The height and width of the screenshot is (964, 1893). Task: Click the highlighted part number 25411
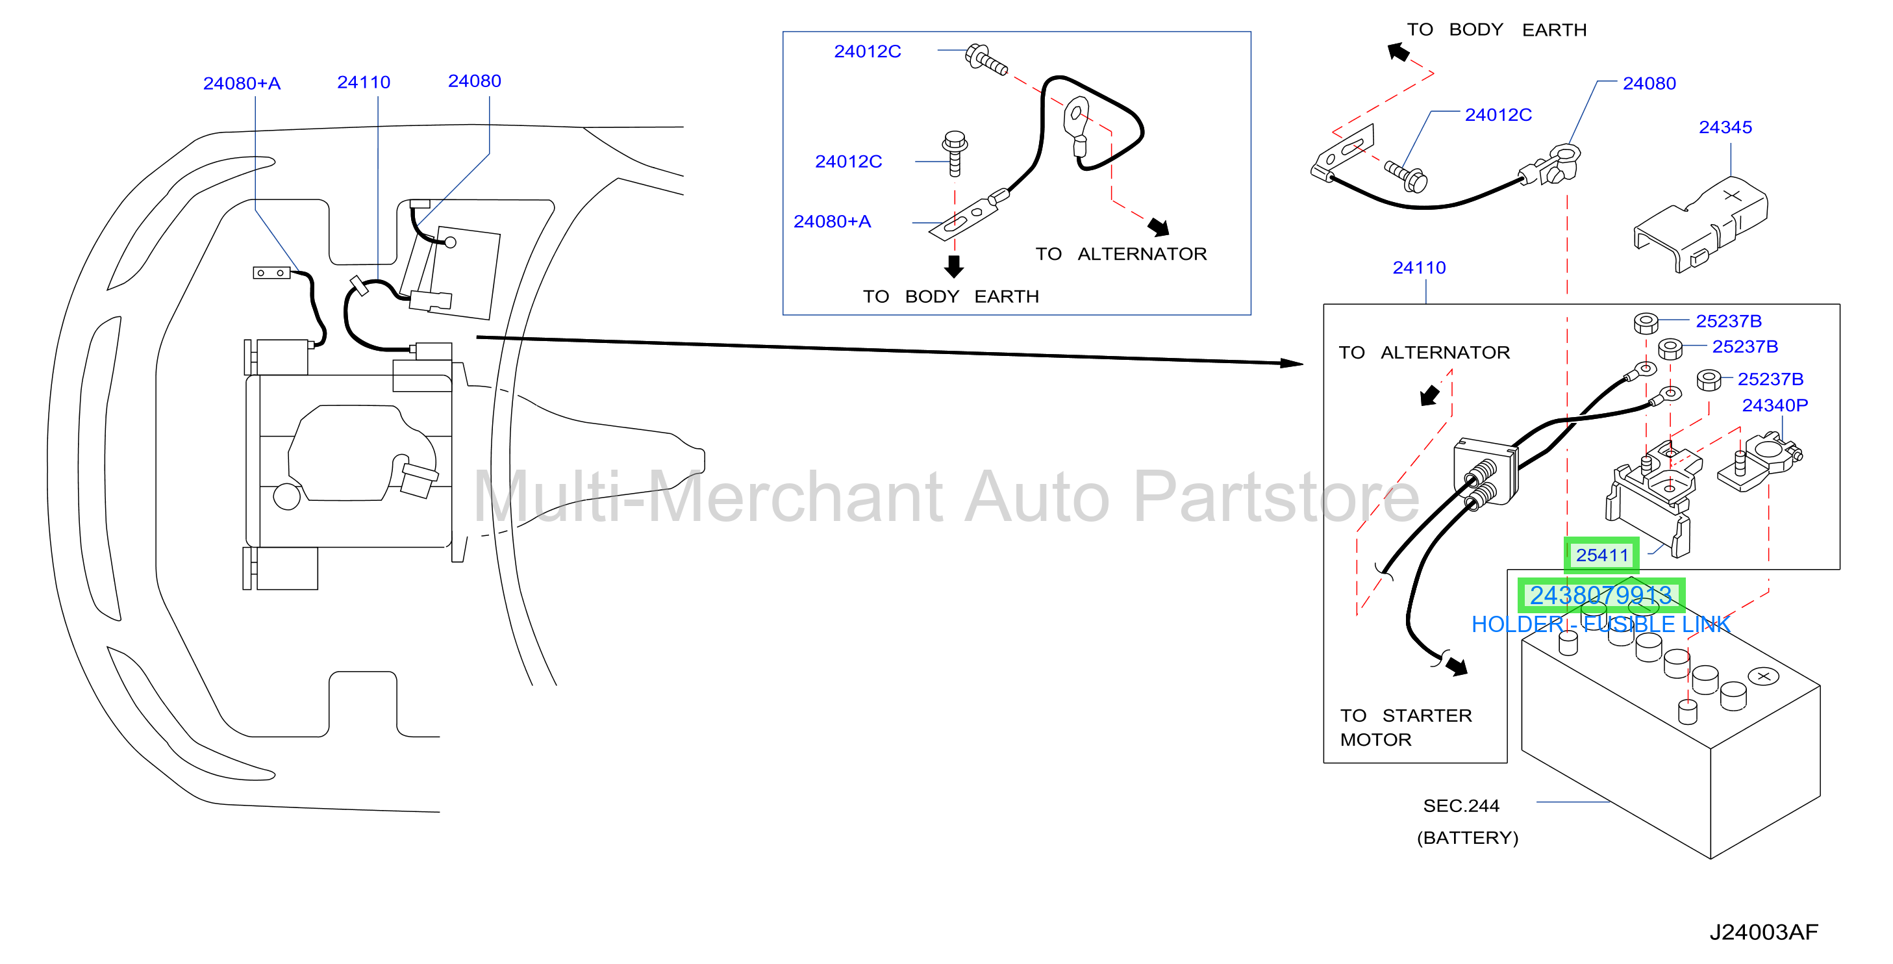tap(1601, 555)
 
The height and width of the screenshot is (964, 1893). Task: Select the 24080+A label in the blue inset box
tap(832, 222)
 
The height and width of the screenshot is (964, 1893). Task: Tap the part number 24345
tap(1725, 127)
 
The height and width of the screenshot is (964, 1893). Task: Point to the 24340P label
tap(1775, 405)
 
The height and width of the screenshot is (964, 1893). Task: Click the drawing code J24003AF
tap(1763, 932)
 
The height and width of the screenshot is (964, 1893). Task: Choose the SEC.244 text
tap(1461, 806)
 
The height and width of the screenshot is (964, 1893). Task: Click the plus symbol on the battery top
tap(1763, 676)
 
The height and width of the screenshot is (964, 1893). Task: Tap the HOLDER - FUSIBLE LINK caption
tap(1601, 624)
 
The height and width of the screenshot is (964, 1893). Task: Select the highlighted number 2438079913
tap(1601, 596)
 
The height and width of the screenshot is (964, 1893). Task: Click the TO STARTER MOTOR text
tap(1406, 728)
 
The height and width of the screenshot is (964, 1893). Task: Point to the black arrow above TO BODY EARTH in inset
tap(954, 266)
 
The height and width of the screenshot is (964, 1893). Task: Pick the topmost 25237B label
tap(1729, 322)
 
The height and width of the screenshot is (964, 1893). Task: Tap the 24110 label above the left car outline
tap(364, 82)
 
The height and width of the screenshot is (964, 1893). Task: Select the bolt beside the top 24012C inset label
tap(985, 59)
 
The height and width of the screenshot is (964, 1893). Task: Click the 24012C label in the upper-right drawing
tap(1498, 115)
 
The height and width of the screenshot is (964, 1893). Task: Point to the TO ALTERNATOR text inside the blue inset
tap(1121, 254)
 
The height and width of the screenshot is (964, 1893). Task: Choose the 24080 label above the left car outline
tap(475, 81)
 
